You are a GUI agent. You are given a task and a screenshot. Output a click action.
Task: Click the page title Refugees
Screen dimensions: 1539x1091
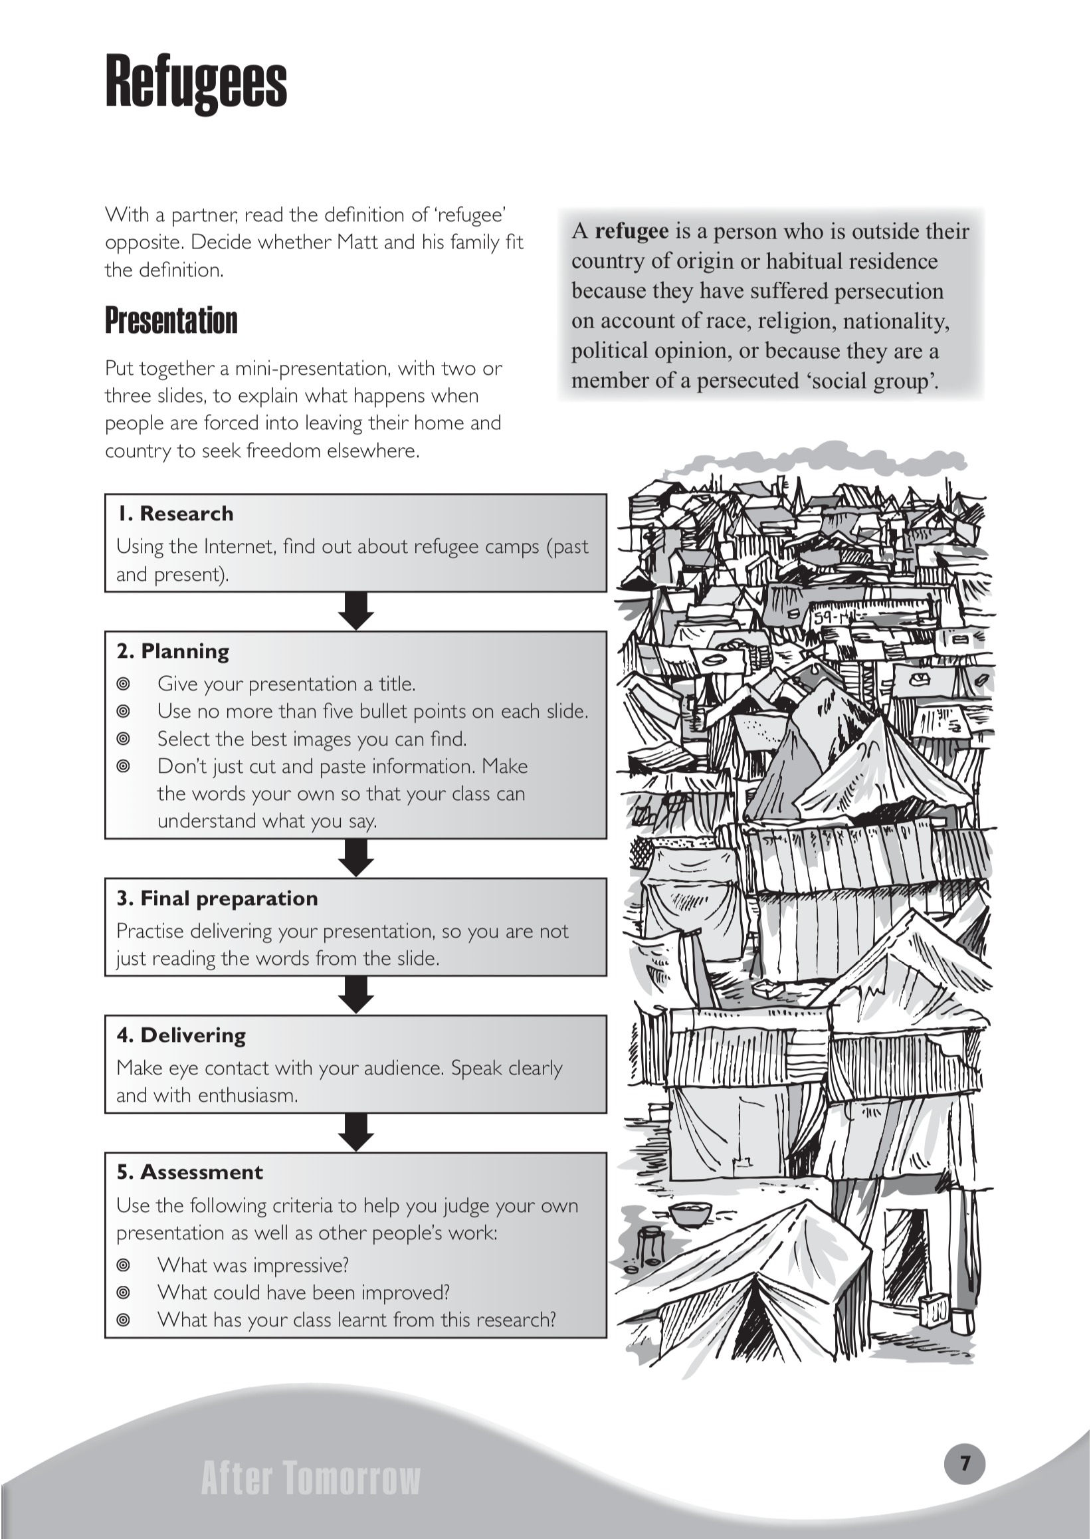(x=196, y=83)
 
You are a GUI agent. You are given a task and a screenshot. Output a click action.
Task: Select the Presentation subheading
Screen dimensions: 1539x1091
(x=171, y=320)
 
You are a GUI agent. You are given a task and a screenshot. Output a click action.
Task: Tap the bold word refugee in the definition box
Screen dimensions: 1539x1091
(x=631, y=231)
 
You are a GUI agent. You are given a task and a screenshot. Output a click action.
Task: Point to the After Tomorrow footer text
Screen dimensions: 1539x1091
(x=310, y=1479)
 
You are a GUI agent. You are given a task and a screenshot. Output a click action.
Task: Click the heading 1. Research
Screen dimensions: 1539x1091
(x=175, y=514)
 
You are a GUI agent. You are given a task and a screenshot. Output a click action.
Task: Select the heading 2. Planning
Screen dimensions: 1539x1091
(x=173, y=651)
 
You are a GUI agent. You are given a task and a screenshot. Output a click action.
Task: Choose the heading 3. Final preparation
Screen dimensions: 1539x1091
(x=217, y=898)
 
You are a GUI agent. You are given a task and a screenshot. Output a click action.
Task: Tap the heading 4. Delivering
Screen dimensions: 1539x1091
(x=181, y=1035)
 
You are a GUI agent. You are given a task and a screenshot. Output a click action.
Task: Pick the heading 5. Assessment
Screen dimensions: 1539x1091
(x=189, y=1172)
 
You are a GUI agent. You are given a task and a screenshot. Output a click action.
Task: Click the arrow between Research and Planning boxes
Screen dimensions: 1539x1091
(x=355, y=611)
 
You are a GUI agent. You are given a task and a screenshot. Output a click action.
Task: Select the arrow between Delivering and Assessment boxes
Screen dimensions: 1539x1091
(x=355, y=1132)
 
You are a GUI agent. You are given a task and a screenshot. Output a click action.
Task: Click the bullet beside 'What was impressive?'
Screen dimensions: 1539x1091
(x=123, y=1265)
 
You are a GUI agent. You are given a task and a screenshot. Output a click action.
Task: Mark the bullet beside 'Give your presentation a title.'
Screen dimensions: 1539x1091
(x=123, y=684)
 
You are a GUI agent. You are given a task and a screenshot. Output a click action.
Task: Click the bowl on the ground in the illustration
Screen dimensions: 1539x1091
(x=690, y=1213)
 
